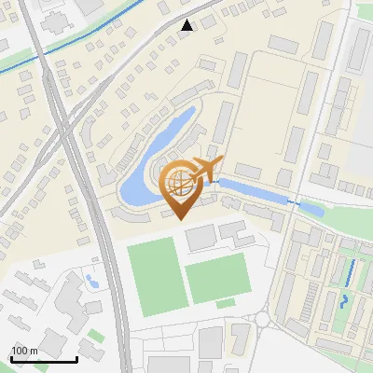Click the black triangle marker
coord(187,25)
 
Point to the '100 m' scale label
coord(24,351)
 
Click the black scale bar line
coord(44,359)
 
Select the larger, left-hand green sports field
coord(154,276)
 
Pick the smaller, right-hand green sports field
coord(216,277)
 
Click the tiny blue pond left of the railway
coord(90,278)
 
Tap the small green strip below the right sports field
coord(226,303)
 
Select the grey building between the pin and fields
coord(200,238)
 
